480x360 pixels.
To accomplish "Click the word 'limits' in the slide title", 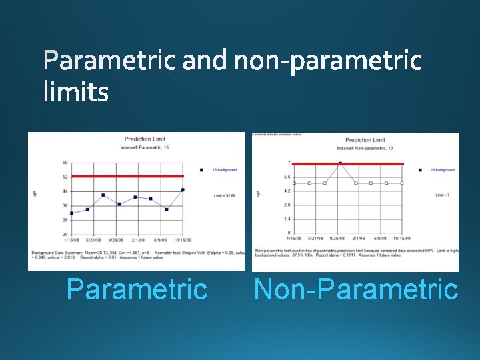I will [76, 91].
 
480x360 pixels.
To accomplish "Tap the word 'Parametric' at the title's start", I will [110, 61].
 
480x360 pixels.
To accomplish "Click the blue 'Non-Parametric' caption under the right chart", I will [356, 289].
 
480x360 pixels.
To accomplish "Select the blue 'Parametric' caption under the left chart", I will [137, 289].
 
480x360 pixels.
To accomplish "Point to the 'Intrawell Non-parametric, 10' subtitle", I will [365, 148].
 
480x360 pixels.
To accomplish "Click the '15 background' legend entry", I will [224, 170].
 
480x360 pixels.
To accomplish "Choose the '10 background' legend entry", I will [442, 170].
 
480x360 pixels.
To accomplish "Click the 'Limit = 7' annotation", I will [443, 195].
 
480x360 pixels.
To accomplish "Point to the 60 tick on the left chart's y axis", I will [65, 162].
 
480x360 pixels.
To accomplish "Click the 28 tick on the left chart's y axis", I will [65, 220].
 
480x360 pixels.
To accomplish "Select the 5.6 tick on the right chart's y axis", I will [287, 177].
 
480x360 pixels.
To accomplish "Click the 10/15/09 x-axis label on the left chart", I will [183, 239].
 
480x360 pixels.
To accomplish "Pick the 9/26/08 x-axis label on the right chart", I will [341, 238].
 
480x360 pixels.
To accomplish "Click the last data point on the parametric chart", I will [183, 189].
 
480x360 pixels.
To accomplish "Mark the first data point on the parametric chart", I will [71, 213].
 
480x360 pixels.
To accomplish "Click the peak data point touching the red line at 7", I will [341, 163].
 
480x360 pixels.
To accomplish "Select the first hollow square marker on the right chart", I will [294, 183].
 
